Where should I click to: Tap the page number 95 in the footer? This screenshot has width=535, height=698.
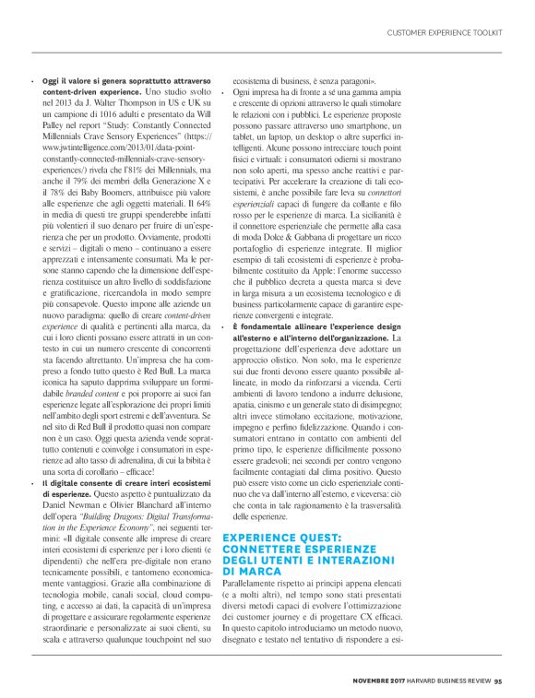[x=497, y=681]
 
